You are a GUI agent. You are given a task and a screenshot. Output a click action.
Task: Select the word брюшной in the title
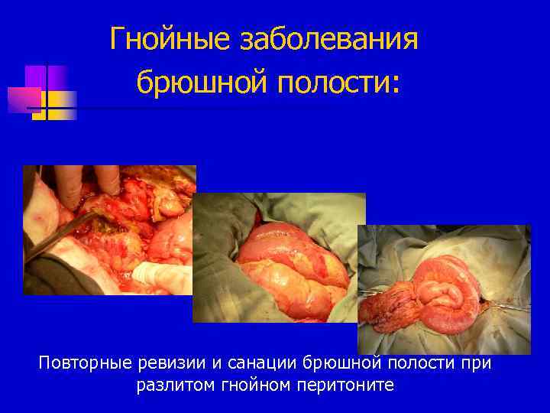pyautogui.click(x=197, y=82)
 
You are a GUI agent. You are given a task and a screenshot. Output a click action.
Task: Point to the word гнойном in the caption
pyautogui.click(x=254, y=385)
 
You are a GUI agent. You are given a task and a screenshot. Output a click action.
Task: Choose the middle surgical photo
pyautogui.click(x=279, y=257)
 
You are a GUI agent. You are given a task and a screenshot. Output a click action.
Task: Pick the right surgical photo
pyautogui.click(x=444, y=289)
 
